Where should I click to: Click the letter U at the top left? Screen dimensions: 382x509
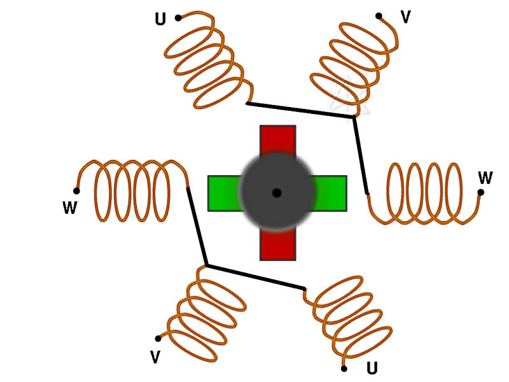pyautogui.click(x=160, y=20)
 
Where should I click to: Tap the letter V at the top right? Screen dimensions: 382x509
pyautogui.click(x=405, y=17)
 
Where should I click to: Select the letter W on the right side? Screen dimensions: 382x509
pyautogui.click(x=485, y=177)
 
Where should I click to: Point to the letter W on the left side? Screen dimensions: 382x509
pyautogui.click(x=70, y=208)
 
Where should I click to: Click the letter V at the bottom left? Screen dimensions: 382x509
pyautogui.click(x=155, y=357)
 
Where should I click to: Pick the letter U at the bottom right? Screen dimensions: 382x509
pyautogui.click(x=372, y=368)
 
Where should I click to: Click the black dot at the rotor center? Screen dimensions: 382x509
pyautogui.click(x=277, y=192)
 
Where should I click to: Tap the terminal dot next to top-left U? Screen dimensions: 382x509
pyautogui.click(x=178, y=18)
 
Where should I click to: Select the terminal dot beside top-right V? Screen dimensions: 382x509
pyautogui.click(x=379, y=16)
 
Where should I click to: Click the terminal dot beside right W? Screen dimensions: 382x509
pyautogui.click(x=480, y=192)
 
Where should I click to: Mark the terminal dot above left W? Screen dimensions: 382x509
pyautogui.click(x=76, y=190)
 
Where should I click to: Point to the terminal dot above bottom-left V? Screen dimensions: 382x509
pyautogui.click(x=158, y=339)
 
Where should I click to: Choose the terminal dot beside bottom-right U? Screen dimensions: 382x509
pyautogui.click(x=344, y=369)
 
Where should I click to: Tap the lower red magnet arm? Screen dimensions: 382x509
pyautogui.click(x=277, y=245)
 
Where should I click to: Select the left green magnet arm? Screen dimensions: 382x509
pyautogui.click(x=223, y=193)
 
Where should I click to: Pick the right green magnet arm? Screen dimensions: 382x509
pyautogui.click(x=331, y=193)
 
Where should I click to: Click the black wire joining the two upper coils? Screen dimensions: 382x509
pyautogui.click(x=299, y=110)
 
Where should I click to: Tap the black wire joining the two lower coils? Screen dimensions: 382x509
pyautogui.click(x=254, y=277)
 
